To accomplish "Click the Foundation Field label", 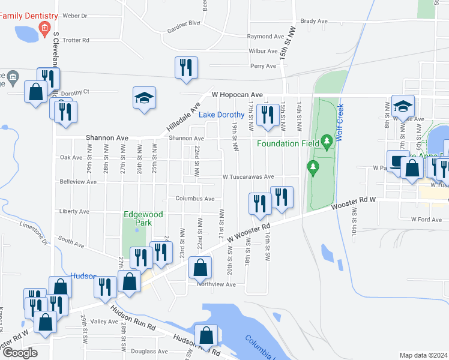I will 286,143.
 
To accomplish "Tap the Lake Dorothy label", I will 221,115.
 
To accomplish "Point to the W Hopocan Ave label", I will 237,95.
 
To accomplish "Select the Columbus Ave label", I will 194,199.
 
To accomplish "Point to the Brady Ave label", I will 314,21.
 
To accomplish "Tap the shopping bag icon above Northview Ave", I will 200,267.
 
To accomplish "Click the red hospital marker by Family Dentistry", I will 44,28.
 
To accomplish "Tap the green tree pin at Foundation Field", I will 327,142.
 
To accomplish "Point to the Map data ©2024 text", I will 424,355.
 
